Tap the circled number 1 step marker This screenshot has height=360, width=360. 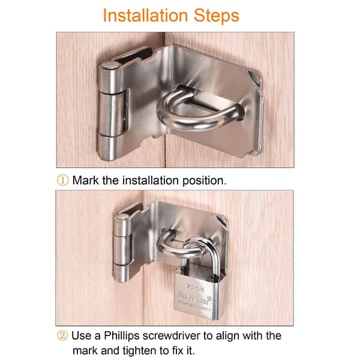[62, 180]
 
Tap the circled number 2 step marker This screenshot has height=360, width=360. [62, 335]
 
